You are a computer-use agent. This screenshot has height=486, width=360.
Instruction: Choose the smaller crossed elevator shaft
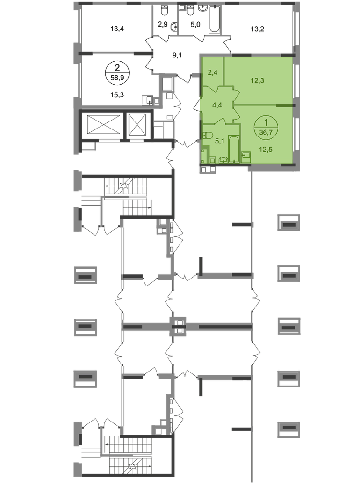click(x=137, y=125)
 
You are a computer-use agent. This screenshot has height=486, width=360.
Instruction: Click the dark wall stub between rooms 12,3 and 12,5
click(x=285, y=106)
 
